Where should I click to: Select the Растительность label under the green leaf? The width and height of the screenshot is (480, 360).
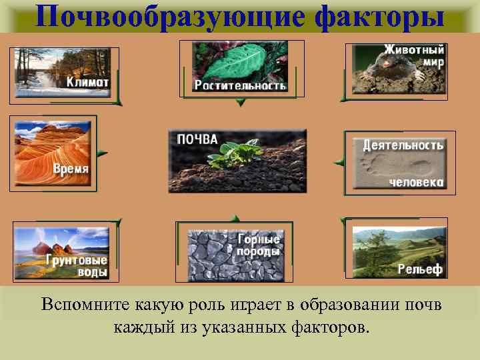pyautogui.click(x=240, y=85)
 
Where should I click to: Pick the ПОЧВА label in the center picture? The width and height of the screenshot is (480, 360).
pyautogui.click(x=197, y=139)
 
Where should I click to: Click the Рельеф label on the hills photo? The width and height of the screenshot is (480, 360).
pyautogui.click(x=420, y=269)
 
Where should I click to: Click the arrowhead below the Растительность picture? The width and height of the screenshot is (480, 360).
pyautogui.click(x=241, y=103)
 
